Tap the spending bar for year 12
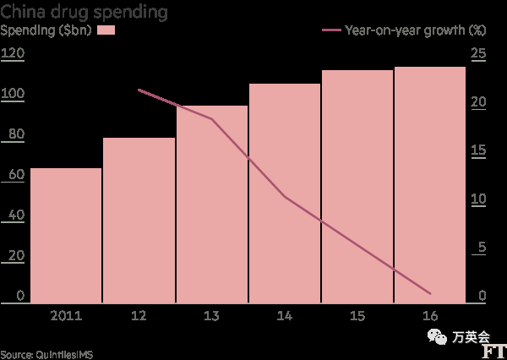click(139, 220)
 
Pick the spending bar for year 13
click(211, 204)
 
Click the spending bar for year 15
click(357, 186)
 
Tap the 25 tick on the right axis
click(479, 53)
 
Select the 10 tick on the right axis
click(479, 199)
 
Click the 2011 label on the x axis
click(65, 316)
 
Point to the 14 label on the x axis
click(285, 316)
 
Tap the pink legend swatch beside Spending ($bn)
click(106, 31)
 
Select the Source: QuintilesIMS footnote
click(46, 354)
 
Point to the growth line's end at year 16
click(431, 293)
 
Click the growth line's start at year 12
click(138, 90)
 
